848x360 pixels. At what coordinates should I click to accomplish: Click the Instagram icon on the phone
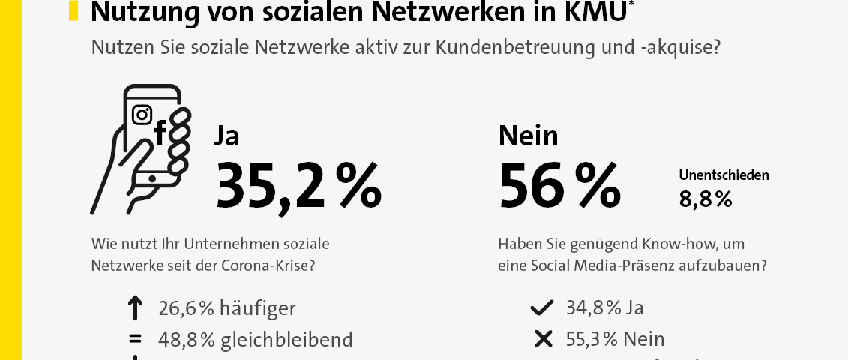[142, 115]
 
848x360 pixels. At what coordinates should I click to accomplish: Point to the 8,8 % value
[705, 199]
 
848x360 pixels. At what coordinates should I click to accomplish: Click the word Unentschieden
[724, 175]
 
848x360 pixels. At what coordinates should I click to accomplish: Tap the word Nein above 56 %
[528, 136]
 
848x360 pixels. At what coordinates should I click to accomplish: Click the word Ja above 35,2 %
[227, 136]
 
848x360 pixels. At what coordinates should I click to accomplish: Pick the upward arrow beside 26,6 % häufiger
[135, 308]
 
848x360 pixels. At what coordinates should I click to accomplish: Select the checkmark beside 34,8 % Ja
[541, 308]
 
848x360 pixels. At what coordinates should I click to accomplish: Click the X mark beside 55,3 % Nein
[542, 338]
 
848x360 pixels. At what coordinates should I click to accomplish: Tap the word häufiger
[257, 308]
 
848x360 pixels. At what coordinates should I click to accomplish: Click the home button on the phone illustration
[154, 179]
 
